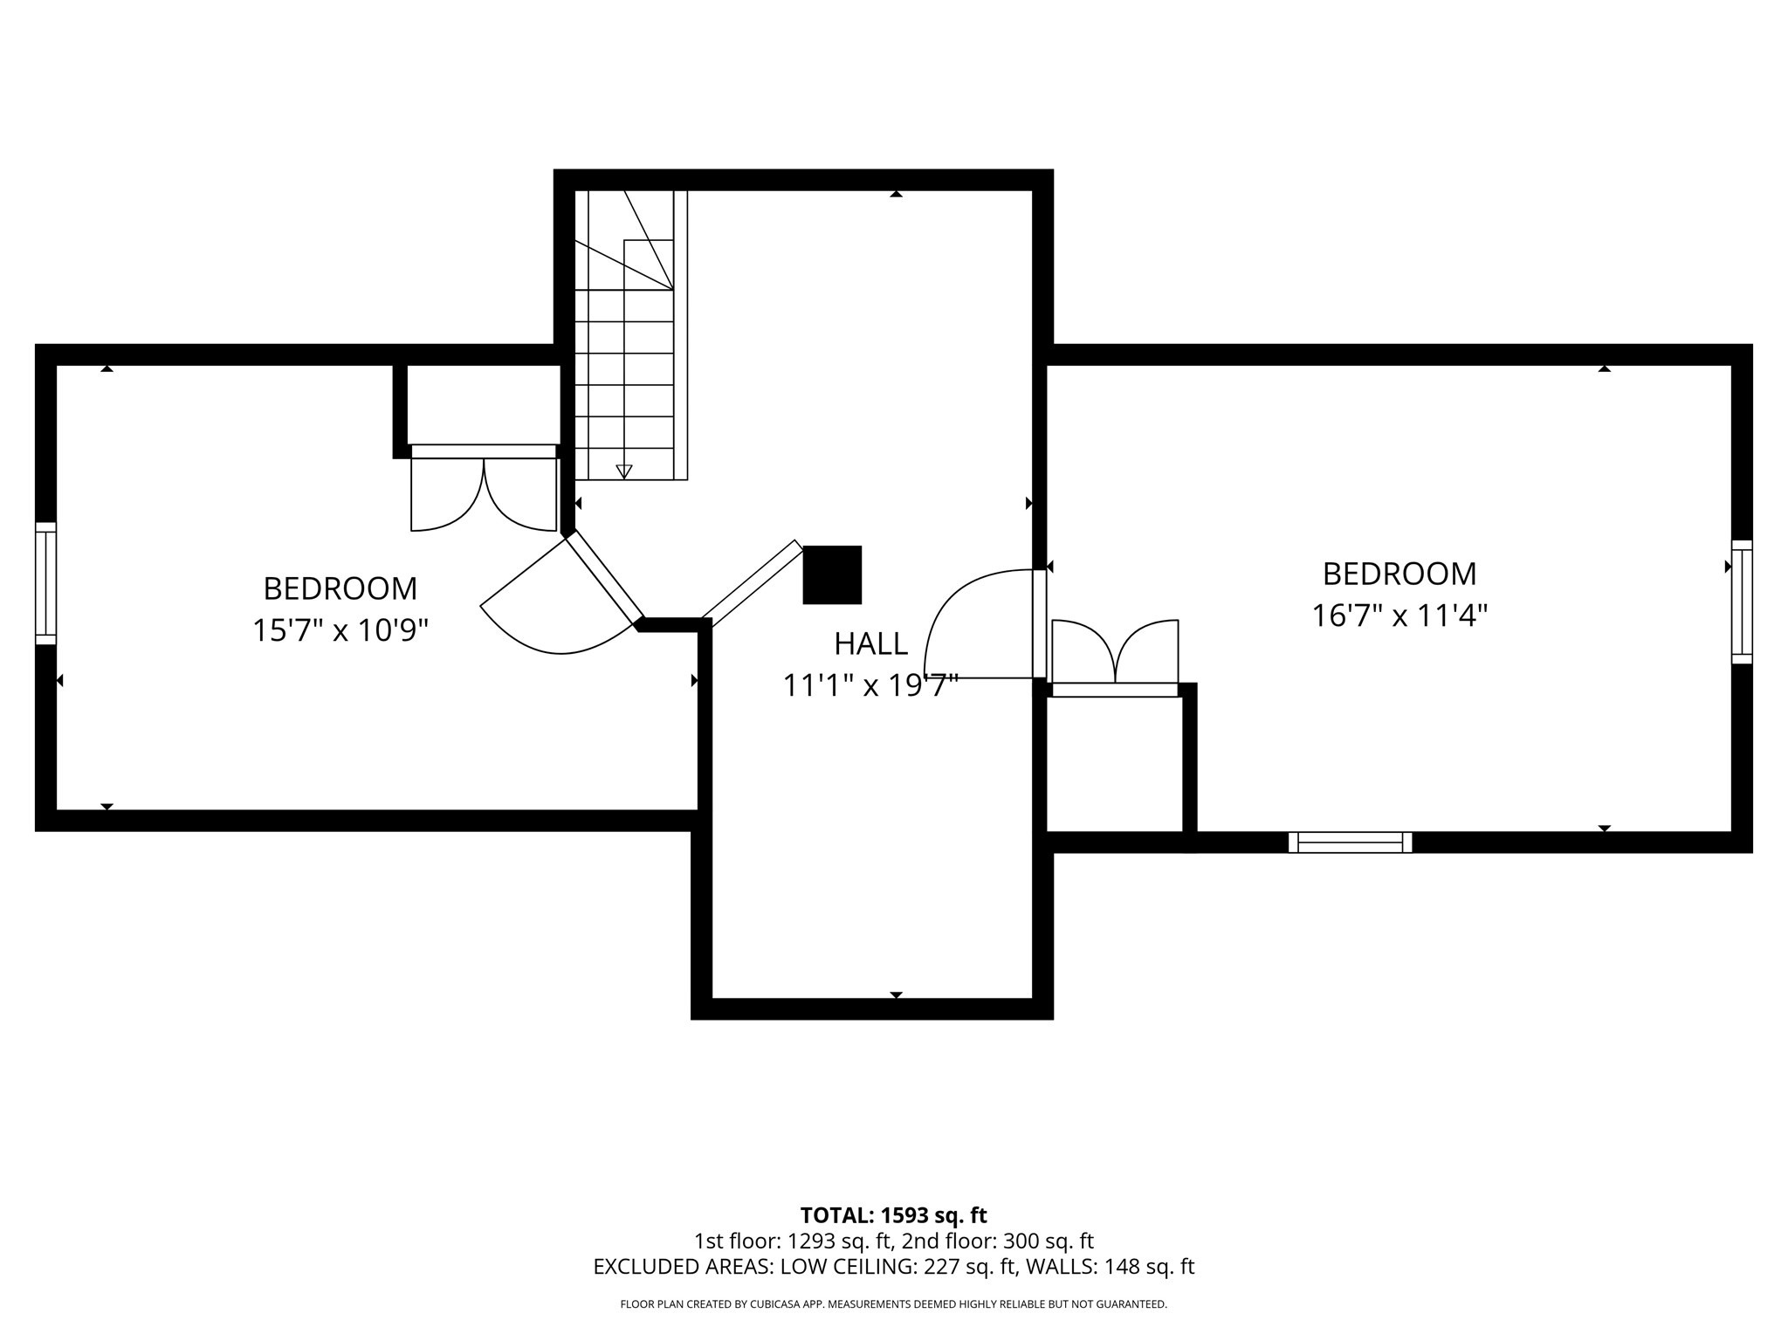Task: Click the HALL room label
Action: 870,643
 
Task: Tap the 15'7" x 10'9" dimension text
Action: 340,629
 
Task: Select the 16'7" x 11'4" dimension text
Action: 1399,615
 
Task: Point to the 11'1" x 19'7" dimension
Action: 870,685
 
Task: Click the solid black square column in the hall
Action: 832,574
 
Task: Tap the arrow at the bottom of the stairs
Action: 624,471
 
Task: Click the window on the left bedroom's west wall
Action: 45,583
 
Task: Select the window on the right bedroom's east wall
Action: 1741,602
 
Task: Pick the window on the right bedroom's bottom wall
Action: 1350,842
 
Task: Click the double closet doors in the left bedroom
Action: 484,493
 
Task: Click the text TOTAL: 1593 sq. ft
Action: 893,1215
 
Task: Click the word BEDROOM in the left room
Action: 340,588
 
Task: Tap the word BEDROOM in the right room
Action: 1399,574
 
